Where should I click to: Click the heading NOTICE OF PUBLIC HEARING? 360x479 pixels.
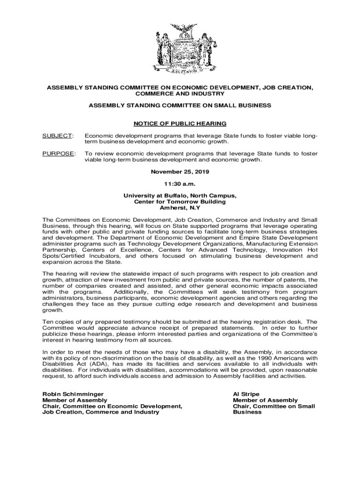tap(180, 123)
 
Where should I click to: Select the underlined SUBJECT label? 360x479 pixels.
tap(58, 136)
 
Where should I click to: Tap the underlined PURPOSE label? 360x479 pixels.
tap(58, 153)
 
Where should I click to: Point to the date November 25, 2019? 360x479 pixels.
tap(180, 172)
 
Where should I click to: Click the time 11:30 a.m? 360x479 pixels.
tap(180, 184)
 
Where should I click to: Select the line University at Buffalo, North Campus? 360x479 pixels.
tap(180, 196)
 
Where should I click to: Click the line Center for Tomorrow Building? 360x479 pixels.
tap(180, 202)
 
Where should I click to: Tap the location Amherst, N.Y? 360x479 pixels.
tap(180, 208)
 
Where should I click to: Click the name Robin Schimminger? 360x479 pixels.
tap(73, 394)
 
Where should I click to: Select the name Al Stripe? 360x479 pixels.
tap(246, 394)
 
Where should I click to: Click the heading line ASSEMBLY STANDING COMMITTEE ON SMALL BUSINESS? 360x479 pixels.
tap(180, 106)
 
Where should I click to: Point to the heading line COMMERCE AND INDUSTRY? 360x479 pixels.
tap(180, 94)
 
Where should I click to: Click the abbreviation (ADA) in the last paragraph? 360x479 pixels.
tap(102, 364)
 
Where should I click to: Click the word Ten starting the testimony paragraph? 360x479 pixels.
tap(48, 322)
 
